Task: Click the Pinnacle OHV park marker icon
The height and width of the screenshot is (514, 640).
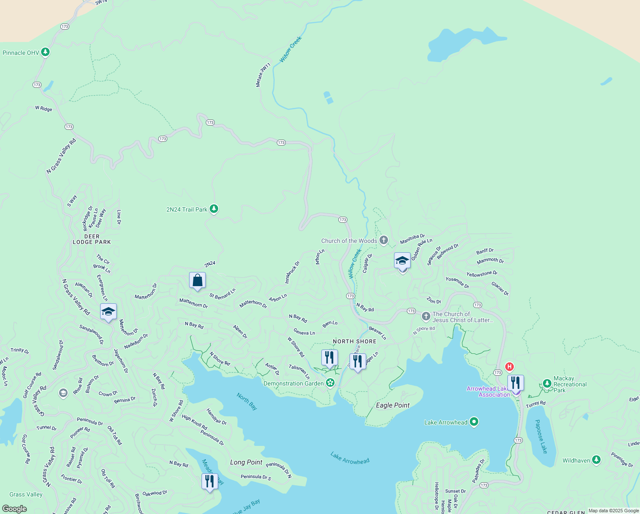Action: pyautogui.click(x=45, y=52)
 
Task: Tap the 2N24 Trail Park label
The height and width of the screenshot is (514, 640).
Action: pyautogui.click(x=187, y=209)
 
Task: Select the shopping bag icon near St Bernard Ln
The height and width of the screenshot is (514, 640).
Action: pyautogui.click(x=197, y=281)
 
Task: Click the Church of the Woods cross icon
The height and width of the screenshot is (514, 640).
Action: pyautogui.click(x=384, y=240)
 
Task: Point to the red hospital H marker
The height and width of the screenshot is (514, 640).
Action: pyautogui.click(x=509, y=367)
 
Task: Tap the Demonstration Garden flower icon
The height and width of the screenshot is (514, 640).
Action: pyautogui.click(x=330, y=383)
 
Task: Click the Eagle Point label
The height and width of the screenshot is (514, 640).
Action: pyautogui.click(x=393, y=405)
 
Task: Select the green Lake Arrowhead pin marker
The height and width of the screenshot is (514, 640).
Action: pyautogui.click(x=474, y=422)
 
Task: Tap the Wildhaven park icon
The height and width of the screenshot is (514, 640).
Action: pyautogui.click(x=596, y=460)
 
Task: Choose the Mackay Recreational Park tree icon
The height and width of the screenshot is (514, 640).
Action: pyautogui.click(x=547, y=383)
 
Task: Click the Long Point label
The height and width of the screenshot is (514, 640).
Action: pyautogui.click(x=246, y=462)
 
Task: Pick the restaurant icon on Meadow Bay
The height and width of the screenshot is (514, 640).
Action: pyautogui.click(x=209, y=481)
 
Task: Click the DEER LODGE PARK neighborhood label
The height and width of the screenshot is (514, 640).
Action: pyautogui.click(x=92, y=239)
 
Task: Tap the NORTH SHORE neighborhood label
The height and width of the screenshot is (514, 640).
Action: pyautogui.click(x=355, y=341)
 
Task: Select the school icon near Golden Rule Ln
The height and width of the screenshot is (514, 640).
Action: pyautogui.click(x=402, y=260)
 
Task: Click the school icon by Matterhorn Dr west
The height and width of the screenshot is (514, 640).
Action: pyautogui.click(x=108, y=311)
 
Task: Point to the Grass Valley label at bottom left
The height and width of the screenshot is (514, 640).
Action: pyautogui.click(x=26, y=494)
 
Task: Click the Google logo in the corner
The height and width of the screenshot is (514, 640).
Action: pyautogui.click(x=15, y=508)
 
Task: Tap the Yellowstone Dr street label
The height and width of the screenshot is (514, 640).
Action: pyautogui.click(x=482, y=274)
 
